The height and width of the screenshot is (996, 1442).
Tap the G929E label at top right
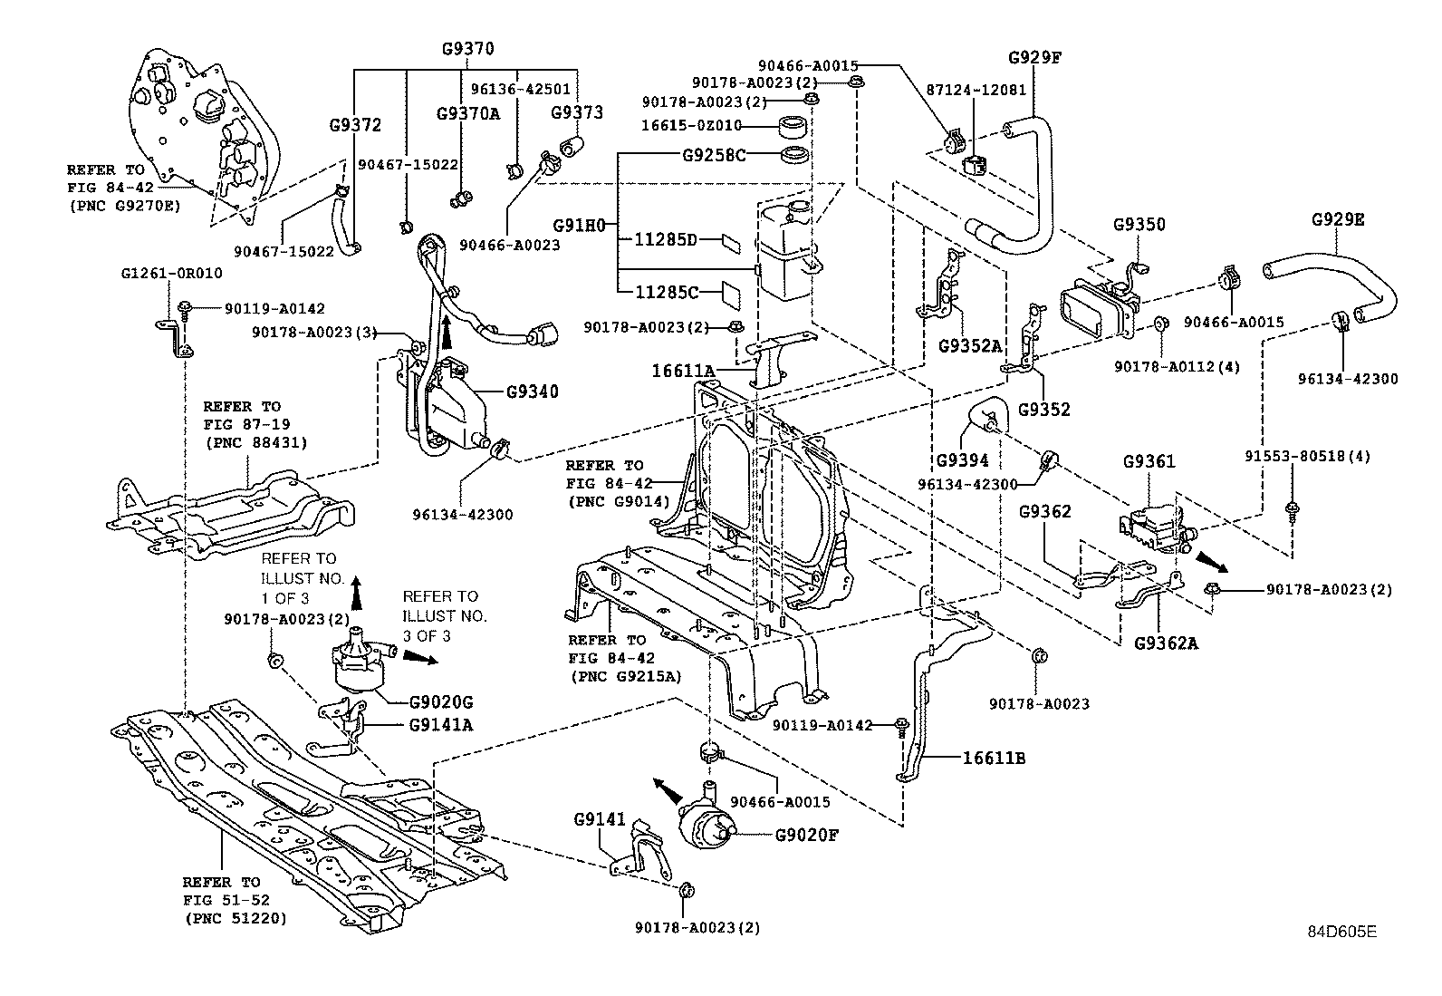click(1338, 220)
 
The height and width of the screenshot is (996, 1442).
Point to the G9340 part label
click(532, 392)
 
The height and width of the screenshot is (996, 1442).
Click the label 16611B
click(994, 758)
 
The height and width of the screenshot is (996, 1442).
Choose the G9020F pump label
click(807, 835)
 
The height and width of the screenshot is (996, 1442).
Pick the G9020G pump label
click(440, 702)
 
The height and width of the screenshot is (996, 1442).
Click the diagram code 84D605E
click(1341, 931)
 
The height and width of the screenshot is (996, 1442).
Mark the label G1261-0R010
click(172, 273)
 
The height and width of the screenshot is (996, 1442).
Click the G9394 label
click(962, 460)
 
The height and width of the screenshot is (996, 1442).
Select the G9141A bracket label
click(441, 724)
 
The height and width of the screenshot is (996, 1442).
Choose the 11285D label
click(665, 240)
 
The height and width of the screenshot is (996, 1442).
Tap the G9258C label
click(714, 155)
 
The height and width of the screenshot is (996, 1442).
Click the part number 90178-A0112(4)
click(1177, 367)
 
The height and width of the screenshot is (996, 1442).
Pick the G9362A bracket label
click(1166, 643)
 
